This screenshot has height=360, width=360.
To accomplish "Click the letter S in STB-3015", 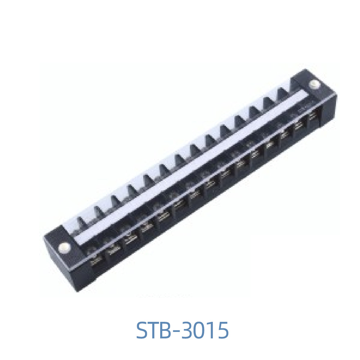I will click(x=143, y=330).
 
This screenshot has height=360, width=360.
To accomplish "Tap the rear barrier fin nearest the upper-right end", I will click(x=283, y=93).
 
